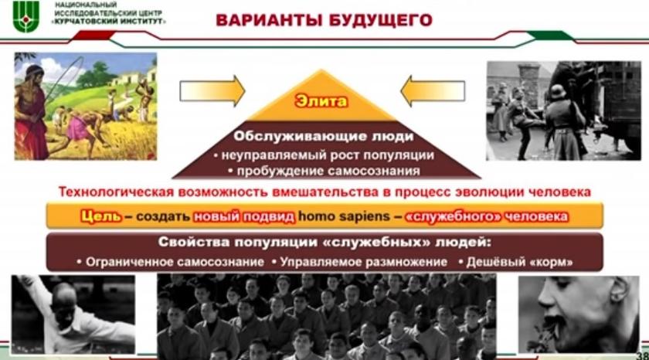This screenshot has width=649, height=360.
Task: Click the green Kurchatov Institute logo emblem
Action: pos(26,16)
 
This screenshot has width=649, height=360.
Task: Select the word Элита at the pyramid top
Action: pos(321,101)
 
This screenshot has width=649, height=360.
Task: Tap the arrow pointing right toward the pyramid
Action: pos(212,91)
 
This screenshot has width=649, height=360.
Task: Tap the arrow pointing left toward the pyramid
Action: pos(433,91)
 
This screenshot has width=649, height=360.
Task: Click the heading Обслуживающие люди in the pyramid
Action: pos(323,136)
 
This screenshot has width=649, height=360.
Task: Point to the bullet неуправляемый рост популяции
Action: pos(324,155)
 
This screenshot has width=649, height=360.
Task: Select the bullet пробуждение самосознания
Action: pos(324,171)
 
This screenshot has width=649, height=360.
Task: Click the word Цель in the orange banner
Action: pos(101,216)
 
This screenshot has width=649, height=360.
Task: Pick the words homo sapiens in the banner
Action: pos(345,216)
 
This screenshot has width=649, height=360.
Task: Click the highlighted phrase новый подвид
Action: pos(244,216)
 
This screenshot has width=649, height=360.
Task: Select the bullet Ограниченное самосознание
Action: pos(171,262)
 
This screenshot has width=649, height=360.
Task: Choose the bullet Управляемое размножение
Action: pos(359,262)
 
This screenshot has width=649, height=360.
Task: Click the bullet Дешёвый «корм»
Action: pos(516,262)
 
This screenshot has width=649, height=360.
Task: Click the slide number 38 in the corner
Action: pos(643,356)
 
